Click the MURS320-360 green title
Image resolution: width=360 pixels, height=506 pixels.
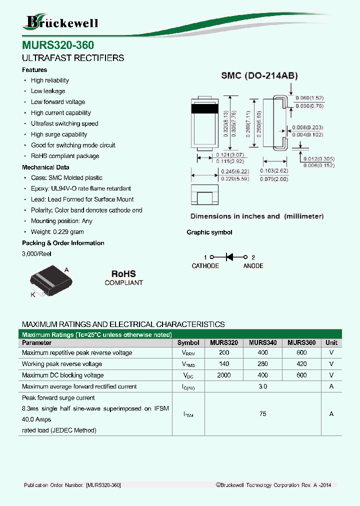click(x=58, y=45)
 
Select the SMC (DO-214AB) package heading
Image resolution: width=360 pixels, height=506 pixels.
click(x=260, y=76)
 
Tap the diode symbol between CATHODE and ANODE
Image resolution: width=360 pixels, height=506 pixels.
click(x=229, y=256)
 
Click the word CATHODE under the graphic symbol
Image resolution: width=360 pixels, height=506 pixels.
click(x=205, y=266)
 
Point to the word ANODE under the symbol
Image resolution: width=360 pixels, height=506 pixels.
click(x=253, y=266)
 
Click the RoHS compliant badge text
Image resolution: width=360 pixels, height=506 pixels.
click(x=123, y=278)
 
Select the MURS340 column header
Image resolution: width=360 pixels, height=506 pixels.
click(x=262, y=343)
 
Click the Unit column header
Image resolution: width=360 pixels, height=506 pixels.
click(x=331, y=343)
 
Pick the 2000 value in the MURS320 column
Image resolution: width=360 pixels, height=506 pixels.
click(x=224, y=375)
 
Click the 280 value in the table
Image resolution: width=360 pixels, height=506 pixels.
click(x=262, y=364)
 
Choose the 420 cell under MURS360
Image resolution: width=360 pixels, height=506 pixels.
click(x=301, y=364)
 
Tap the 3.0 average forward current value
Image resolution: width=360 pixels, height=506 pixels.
click(x=263, y=386)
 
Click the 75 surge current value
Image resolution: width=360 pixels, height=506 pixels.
click(x=263, y=414)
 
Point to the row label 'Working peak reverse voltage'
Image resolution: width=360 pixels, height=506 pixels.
click(x=62, y=364)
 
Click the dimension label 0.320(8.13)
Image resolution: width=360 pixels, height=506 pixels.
click(x=226, y=122)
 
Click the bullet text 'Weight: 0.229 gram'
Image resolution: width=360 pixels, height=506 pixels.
click(x=57, y=232)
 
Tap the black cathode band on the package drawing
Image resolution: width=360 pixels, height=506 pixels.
click(x=205, y=108)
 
